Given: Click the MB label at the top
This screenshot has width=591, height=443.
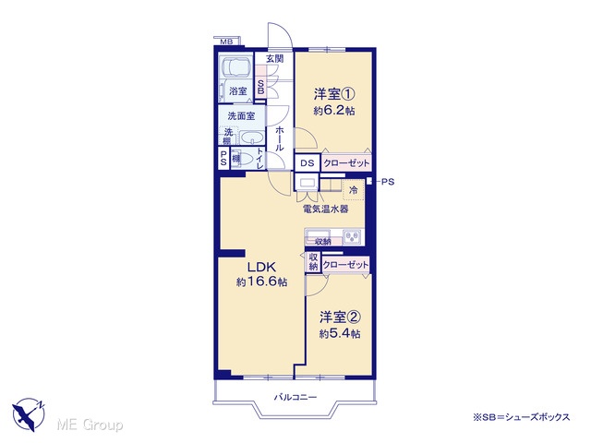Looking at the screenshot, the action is coord(225,42).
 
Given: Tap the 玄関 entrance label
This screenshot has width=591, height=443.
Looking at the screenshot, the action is coord(275,58).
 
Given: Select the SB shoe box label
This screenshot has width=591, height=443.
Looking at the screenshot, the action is coord(260,86).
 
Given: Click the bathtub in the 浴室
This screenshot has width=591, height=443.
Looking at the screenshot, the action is coord(236,66).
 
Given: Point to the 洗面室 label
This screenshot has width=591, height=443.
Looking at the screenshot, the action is coord(241,116).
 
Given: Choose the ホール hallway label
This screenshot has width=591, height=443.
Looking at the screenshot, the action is coord(279,139).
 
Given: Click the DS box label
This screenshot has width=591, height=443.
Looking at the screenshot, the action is coord(308,163).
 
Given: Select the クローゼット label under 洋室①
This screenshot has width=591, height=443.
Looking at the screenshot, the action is coord(346,163).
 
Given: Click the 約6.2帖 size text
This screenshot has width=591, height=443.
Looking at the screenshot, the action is coord(334,111).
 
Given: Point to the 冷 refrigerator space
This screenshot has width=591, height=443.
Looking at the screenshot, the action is coord(353,190).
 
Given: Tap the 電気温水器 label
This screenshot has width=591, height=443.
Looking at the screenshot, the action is coord(326,210).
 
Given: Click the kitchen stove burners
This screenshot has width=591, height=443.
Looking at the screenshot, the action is coord(352,236).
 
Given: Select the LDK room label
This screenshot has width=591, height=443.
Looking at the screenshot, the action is coord(261,267).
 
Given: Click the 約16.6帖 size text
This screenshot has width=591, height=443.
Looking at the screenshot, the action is coord(261,281).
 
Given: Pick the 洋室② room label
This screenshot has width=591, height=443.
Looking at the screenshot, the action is coord(340,317).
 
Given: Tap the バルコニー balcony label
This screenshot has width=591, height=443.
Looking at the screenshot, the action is coord(295,397).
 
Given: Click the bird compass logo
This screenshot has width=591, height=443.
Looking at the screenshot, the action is coord(29,414).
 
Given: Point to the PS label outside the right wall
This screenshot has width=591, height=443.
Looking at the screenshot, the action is coord(388,182).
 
